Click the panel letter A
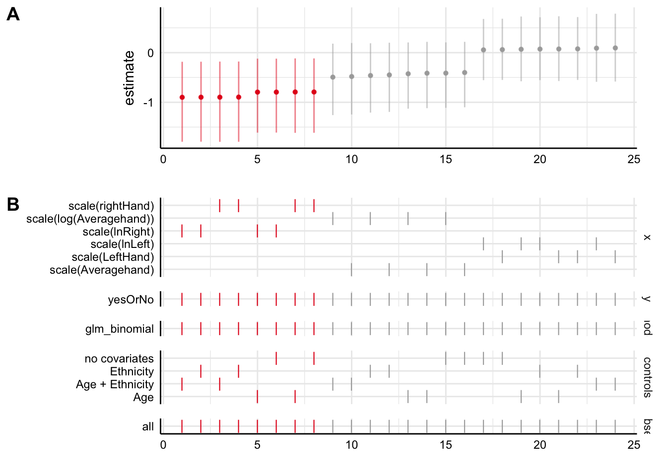(13, 14)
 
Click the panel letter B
(13, 204)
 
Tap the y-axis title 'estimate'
(129, 78)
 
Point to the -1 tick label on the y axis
(148, 103)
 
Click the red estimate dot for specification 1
(182, 97)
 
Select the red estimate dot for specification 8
(314, 92)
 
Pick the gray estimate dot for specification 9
(333, 77)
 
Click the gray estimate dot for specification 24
(615, 48)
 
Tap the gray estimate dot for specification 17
(483, 50)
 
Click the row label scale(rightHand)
(111, 206)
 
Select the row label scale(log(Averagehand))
(90, 219)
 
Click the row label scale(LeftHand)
(113, 257)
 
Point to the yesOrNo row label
(131, 299)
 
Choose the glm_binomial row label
(120, 329)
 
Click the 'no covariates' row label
(119, 358)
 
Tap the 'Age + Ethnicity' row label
(115, 384)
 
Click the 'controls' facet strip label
(647, 377)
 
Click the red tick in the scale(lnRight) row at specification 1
(182, 231)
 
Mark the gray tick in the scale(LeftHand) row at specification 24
(615, 257)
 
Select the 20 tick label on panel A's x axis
(540, 160)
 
